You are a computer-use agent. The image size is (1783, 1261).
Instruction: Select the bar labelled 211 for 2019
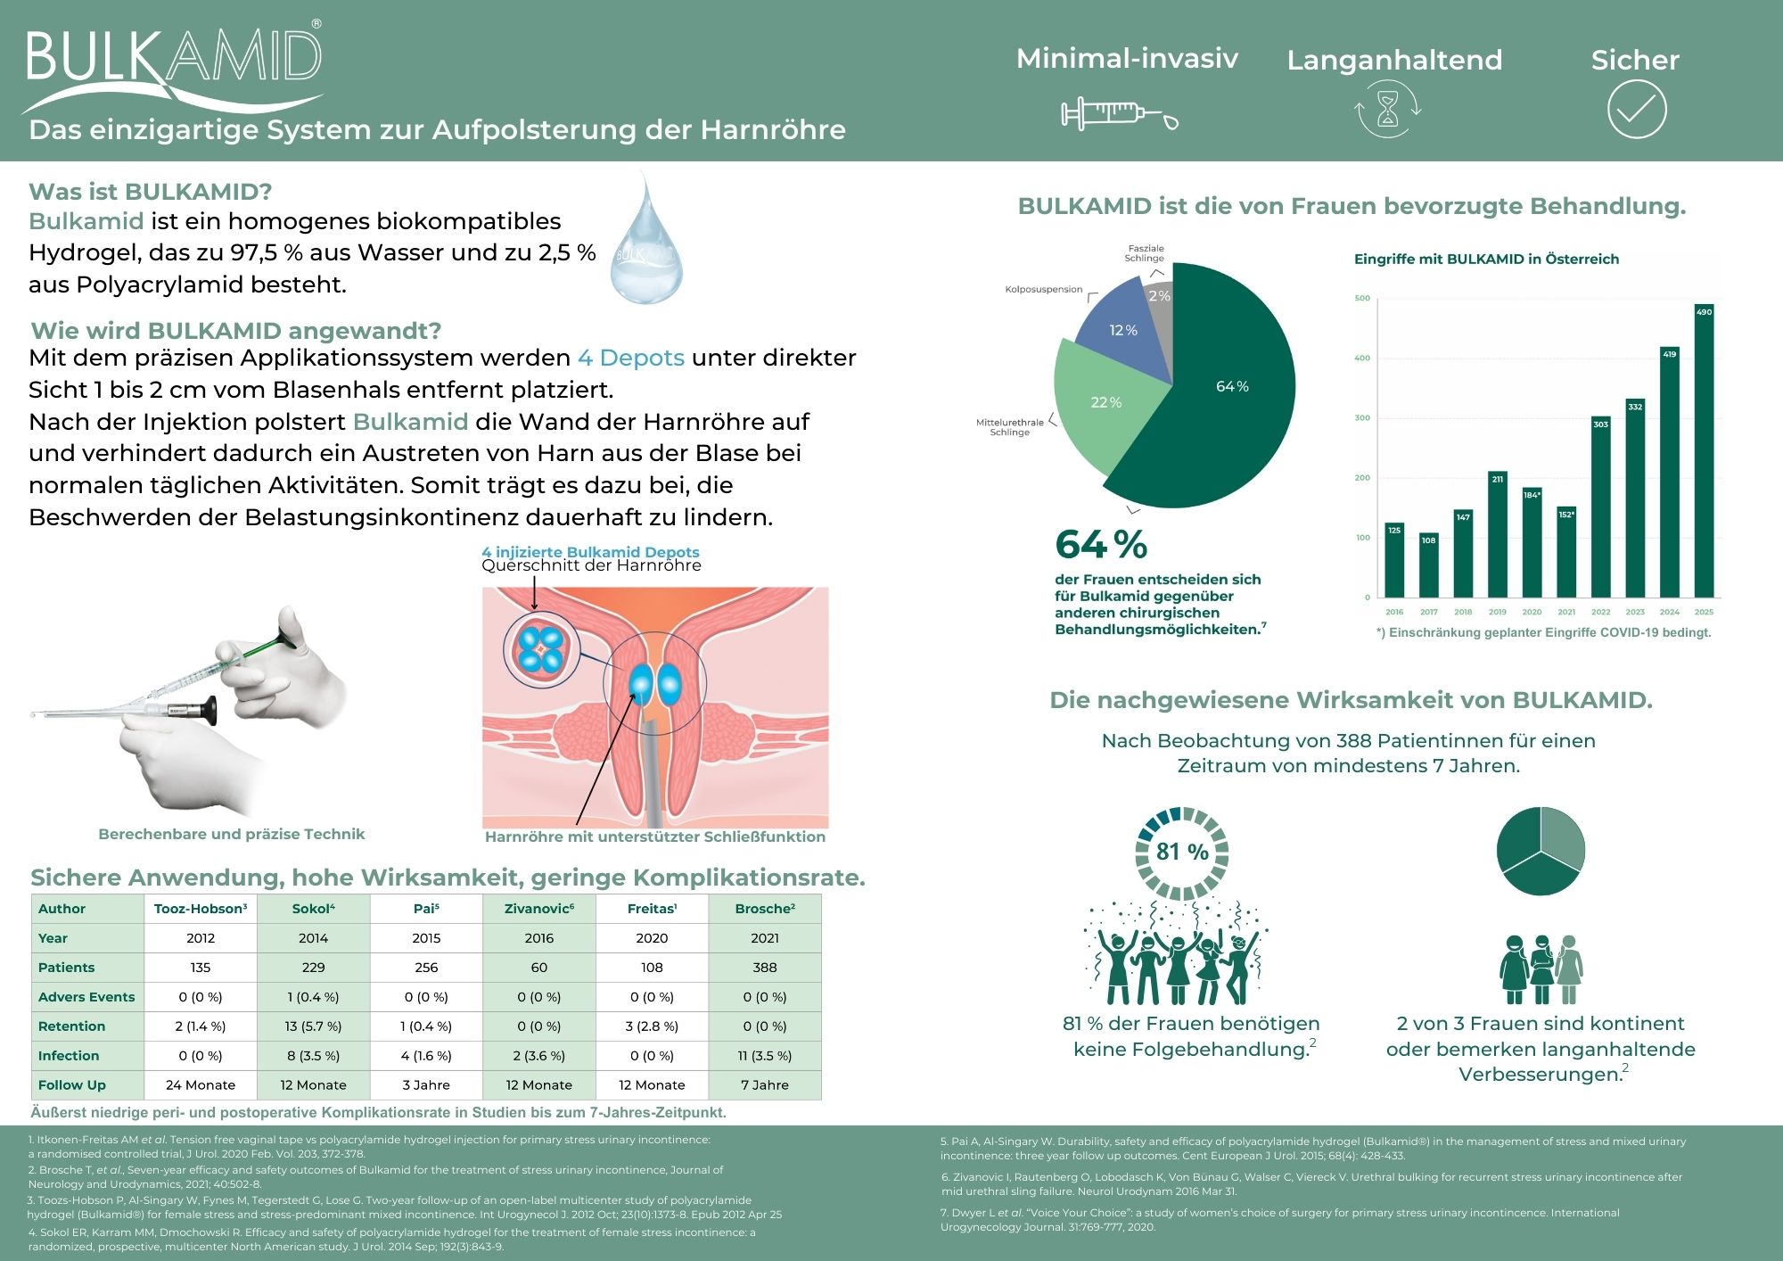point(1497,534)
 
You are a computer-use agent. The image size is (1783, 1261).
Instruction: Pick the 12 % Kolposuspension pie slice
point(1122,331)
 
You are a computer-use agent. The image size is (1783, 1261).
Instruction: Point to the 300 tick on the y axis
point(1362,417)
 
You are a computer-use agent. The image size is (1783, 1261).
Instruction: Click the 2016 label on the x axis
point(1394,612)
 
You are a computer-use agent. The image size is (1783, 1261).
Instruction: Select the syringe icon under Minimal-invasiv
point(1119,114)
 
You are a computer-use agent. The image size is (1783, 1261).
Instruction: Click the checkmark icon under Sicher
point(1636,110)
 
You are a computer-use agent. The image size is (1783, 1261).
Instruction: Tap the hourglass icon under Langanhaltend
point(1388,110)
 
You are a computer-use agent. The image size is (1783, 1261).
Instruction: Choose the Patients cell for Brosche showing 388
point(764,967)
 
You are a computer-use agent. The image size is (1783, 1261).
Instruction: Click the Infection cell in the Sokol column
point(313,1055)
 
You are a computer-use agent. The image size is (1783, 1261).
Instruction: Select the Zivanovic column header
point(538,908)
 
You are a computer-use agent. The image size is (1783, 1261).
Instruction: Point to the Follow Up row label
point(72,1084)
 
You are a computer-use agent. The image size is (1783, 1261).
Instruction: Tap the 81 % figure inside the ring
point(1182,852)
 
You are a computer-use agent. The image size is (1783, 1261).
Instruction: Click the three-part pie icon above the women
point(1540,851)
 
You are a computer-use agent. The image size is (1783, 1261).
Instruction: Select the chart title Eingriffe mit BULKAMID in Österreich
point(1486,259)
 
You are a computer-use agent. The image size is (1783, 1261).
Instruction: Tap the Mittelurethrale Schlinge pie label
point(1010,427)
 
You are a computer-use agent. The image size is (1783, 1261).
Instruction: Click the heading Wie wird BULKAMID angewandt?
point(236,331)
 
